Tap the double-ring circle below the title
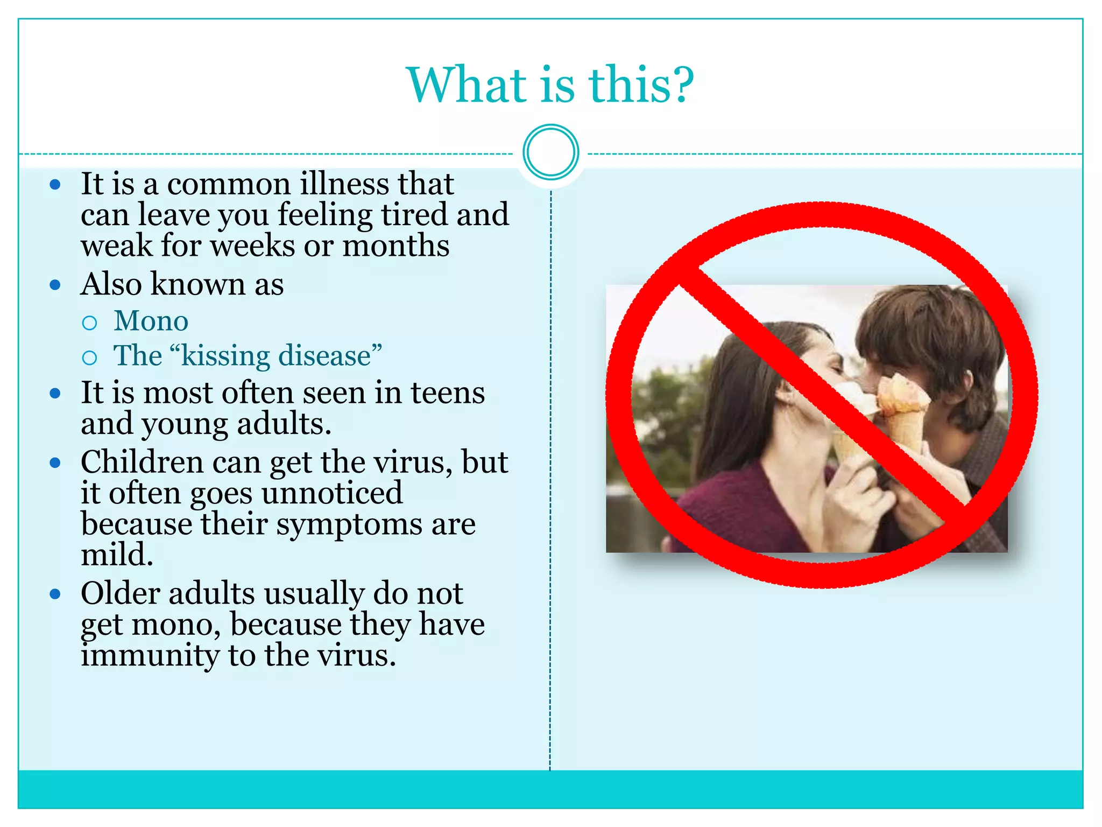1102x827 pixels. [550, 152]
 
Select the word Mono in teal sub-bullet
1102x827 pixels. [151, 321]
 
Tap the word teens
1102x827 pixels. [448, 393]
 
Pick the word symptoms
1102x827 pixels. [349, 524]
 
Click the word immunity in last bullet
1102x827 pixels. [150, 656]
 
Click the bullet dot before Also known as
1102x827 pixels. [55, 285]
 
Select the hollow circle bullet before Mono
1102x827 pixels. [89, 323]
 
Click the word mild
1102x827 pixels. [117, 555]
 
